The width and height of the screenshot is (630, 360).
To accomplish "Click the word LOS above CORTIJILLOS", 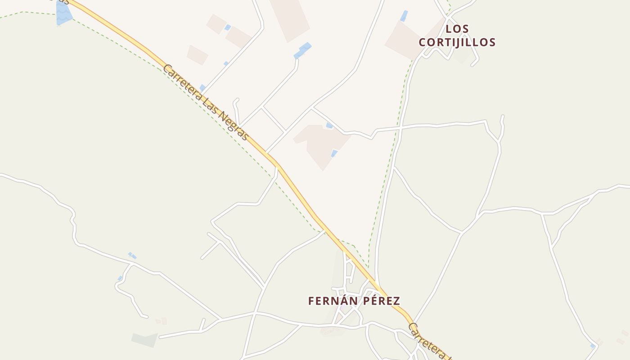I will pos(457,29).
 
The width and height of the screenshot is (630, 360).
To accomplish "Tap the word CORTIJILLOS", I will pos(457,43).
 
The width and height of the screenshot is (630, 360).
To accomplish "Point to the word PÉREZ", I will pos(378,301).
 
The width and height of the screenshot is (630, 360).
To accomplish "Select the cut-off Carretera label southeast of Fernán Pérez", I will pos(427,340).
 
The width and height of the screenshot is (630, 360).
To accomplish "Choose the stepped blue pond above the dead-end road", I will pos(303,50).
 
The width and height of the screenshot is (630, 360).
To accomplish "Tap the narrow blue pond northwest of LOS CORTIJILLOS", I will pos(404,16).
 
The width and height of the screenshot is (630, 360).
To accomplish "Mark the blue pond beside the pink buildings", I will pos(228,27).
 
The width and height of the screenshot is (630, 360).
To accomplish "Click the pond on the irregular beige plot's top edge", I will pos(330,126).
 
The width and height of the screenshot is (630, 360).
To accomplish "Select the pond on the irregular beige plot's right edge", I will pos(334,153).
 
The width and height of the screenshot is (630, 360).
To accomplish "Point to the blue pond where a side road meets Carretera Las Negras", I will pos(203,88).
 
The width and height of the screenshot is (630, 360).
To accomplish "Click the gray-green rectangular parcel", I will pos(144,340).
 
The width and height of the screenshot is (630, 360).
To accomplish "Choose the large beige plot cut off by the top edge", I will pos(290,18).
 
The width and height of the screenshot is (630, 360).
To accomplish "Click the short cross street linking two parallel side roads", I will pos(274,119).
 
